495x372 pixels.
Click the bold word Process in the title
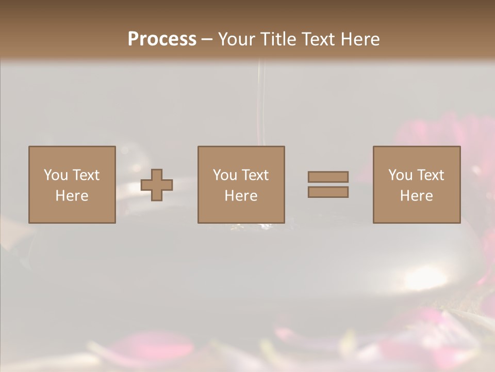(x=162, y=39)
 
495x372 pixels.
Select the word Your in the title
(x=236, y=39)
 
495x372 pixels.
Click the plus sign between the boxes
(x=157, y=185)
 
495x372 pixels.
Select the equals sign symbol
(x=328, y=184)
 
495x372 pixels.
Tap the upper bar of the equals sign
(x=328, y=177)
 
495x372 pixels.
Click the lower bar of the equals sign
(x=328, y=192)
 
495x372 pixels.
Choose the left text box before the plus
(x=72, y=184)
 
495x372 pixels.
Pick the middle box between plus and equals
(x=241, y=184)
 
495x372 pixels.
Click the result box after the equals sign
(x=416, y=184)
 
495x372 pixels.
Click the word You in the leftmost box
(x=56, y=175)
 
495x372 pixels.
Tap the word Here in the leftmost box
(x=72, y=196)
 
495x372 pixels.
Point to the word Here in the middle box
(x=241, y=196)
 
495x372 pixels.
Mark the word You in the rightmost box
(x=401, y=175)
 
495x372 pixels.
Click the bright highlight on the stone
(x=425, y=279)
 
